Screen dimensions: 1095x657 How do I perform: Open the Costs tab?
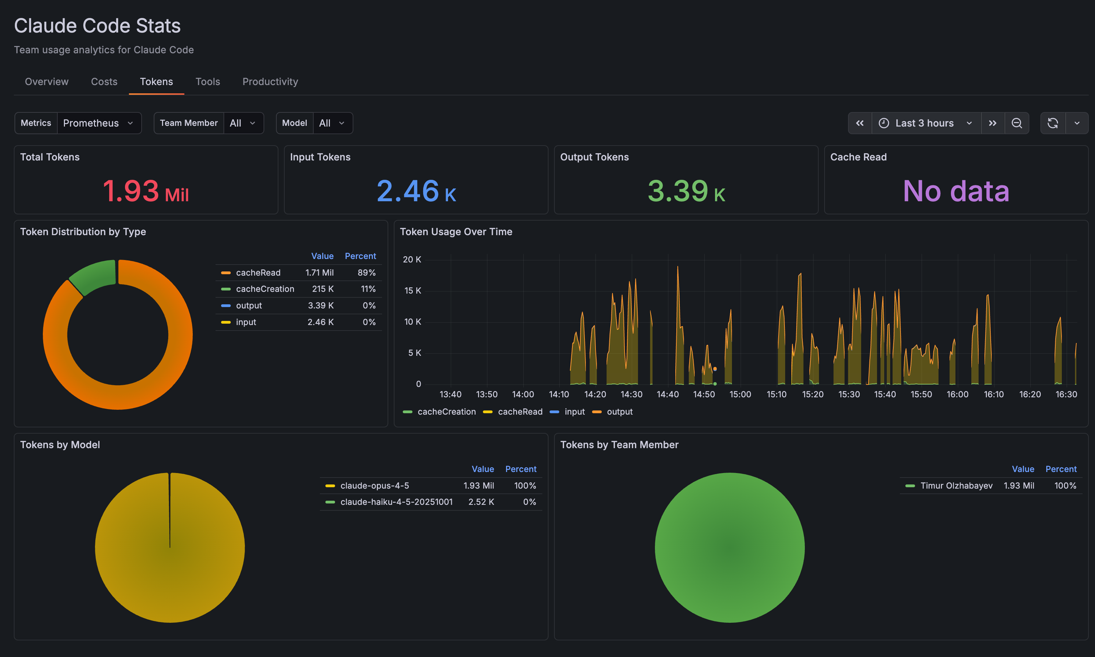(104, 82)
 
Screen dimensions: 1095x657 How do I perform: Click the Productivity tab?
(270, 82)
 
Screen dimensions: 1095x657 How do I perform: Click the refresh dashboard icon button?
(1053, 123)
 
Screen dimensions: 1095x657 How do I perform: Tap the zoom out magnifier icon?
(1016, 123)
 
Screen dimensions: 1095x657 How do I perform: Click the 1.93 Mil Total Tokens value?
(146, 191)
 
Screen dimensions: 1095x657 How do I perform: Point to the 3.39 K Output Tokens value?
(686, 191)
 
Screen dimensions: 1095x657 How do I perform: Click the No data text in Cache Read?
(956, 191)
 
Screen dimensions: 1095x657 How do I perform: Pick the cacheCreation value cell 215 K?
(323, 289)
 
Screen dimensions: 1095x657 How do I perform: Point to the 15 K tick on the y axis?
(413, 290)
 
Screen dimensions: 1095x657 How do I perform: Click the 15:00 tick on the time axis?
(740, 394)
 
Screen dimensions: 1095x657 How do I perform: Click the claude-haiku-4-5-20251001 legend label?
(396, 502)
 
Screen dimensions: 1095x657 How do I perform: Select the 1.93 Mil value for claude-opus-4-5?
(478, 486)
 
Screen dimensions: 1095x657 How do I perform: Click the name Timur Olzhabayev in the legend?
(956, 486)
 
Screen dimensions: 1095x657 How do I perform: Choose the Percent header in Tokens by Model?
(521, 469)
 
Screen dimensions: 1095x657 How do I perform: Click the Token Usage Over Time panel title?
(456, 232)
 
